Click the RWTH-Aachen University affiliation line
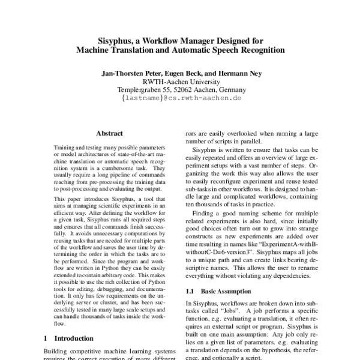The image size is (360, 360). pyautogui.click(x=181, y=81)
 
